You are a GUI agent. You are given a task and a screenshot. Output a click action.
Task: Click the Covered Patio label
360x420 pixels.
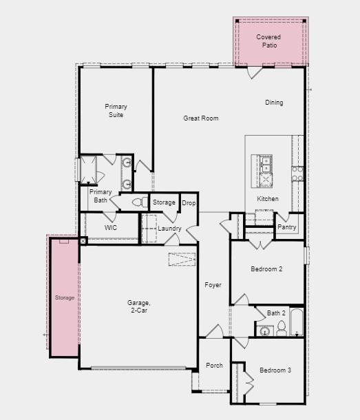268,41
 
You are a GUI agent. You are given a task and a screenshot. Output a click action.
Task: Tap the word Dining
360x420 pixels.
274,103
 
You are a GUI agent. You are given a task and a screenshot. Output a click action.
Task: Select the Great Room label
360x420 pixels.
200,118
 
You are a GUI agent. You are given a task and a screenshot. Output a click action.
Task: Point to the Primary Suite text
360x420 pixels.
116,111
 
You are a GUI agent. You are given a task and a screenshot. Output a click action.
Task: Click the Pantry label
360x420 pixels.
286,227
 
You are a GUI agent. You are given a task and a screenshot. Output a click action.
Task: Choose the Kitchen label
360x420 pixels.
268,199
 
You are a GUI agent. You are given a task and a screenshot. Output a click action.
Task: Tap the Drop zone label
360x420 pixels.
189,203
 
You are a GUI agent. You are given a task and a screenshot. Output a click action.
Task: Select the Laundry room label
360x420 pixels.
169,229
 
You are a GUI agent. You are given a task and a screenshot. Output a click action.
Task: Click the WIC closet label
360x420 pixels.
110,227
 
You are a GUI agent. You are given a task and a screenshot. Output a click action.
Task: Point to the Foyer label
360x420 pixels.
213,284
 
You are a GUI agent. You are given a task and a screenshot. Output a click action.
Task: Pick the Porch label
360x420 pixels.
214,365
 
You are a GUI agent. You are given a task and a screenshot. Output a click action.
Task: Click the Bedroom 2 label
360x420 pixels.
266,269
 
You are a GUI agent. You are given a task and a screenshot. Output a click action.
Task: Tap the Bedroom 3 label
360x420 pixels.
275,370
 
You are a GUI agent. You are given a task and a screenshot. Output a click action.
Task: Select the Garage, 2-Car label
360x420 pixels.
138,306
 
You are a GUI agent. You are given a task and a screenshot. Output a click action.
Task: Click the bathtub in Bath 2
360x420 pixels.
296,322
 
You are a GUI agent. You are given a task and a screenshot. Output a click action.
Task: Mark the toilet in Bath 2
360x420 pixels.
281,328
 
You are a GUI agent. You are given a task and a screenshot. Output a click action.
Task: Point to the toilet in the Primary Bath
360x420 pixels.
138,202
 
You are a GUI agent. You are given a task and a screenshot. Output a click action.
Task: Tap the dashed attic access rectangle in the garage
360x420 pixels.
182,260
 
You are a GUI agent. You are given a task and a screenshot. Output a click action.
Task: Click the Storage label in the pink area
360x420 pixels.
65,297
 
